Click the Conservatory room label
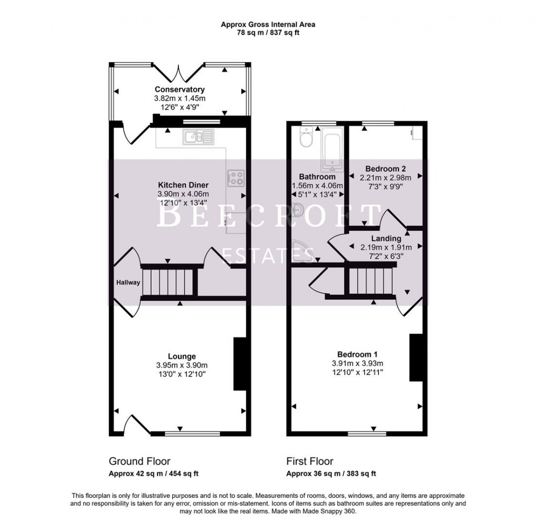pyautogui.click(x=180, y=90)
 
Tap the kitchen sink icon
pyautogui.click(x=197, y=137)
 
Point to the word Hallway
pyautogui.click(x=128, y=283)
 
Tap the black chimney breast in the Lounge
pyautogui.click(x=240, y=364)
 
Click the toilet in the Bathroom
pyautogui.click(x=304, y=138)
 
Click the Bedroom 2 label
pyautogui.click(x=386, y=169)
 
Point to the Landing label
pyautogui.click(x=386, y=239)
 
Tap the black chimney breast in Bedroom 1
pyautogui.click(x=416, y=358)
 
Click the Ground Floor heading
pyautogui.click(x=139, y=461)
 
